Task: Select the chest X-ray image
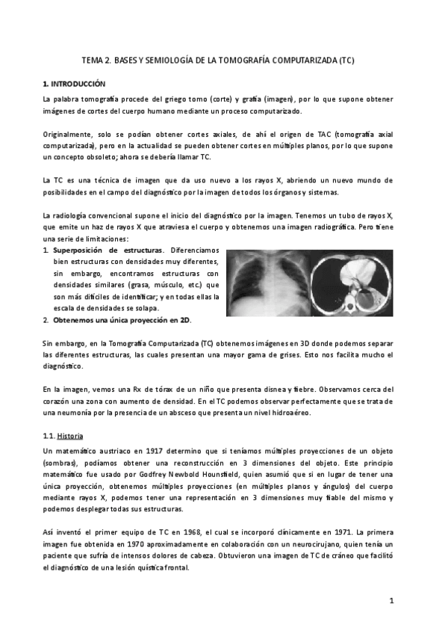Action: (x=267, y=283)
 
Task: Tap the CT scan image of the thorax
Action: (x=351, y=283)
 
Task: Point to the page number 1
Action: (x=391, y=600)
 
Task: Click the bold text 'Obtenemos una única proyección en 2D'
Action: (x=122, y=320)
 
